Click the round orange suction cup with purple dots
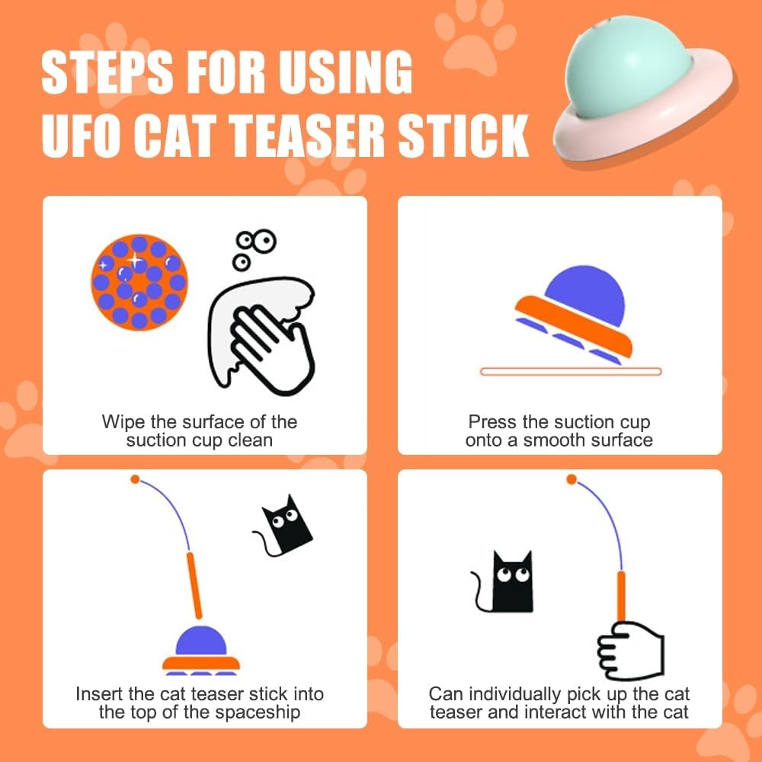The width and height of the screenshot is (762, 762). tap(139, 281)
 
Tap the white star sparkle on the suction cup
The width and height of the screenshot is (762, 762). tap(135, 260)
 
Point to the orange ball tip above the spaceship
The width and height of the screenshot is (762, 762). tap(135, 479)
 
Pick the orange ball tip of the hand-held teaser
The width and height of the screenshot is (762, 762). tap(571, 479)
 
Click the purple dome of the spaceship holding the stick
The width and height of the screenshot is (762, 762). tap(200, 642)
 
